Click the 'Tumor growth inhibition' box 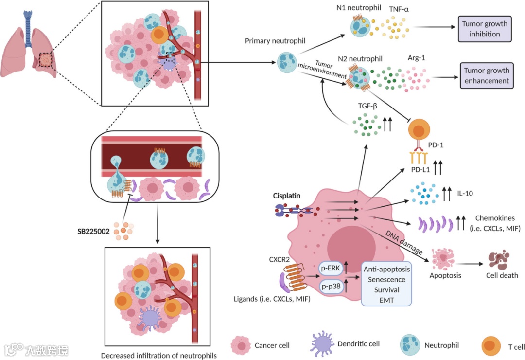pyautogui.click(x=484, y=29)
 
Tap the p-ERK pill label pyautogui.click(x=331, y=268)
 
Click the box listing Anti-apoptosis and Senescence pyautogui.click(x=386, y=284)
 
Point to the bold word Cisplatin pyautogui.click(x=287, y=196)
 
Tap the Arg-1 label pyautogui.click(x=417, y=57)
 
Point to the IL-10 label pyautogui.click(x=465, y=193)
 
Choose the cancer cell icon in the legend pyautogui.click(x=241, y=345)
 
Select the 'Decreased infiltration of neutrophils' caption pyautogui.click(x=158, y=355)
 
